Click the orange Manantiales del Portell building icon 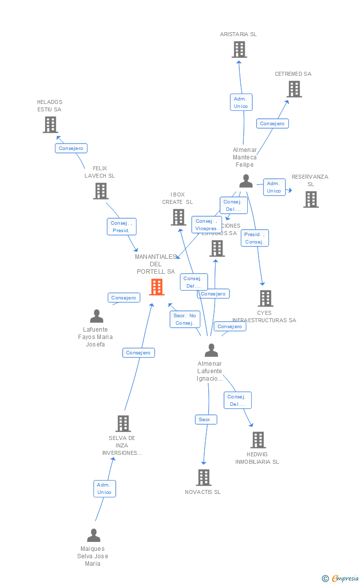tap(157, 287)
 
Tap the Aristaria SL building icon tap(239, 49)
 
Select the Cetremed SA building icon tap(294, 89)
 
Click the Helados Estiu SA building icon tap(50, 125)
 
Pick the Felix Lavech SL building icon tap(101, 191)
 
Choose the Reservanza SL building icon tap(311, 199)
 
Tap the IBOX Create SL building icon tap(178, 217)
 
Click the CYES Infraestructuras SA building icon tap(266, 298)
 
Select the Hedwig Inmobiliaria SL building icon tap(258, 440)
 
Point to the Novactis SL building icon tap(204, 478)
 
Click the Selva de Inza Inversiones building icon tap(123, 424)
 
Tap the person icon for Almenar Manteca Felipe tap(246, 181)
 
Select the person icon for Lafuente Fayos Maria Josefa tap(97, 316)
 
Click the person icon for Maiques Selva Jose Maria tap(93, 535)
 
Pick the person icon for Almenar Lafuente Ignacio tap(211, 350)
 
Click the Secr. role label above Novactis tap(205, 419)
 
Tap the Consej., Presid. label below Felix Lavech tap(121, 227)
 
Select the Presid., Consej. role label tap(255, 238)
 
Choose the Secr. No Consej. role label tap(185, 319)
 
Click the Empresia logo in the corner tap(341, 578)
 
